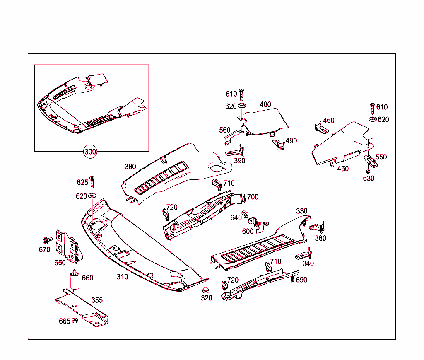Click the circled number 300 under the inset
coord(90,152)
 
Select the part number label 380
coord(130,167)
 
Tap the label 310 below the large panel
coord(122,277)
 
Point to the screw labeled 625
coord(92,182)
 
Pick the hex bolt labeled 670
coord(47,240)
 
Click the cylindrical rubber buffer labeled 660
coord(75,280)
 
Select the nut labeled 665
coord(75,320)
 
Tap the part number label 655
coord(97,300)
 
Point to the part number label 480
coord(265,104)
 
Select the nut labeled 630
coord(368,171)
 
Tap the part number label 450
coord(343,169)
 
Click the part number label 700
coord(253,197)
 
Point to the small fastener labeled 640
coord(246,215)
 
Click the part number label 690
coord(301,280)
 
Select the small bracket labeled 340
coord(304,255)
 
